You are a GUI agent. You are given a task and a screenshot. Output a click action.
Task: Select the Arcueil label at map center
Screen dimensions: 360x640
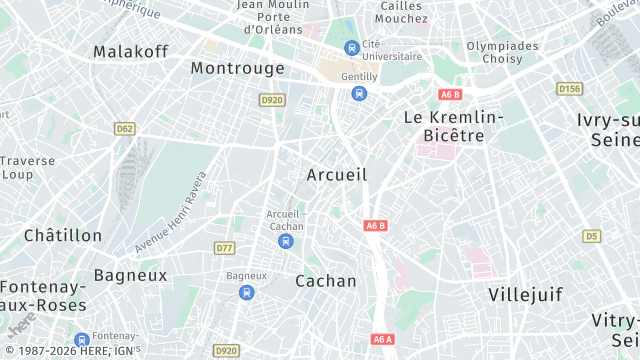(x=337, y=175)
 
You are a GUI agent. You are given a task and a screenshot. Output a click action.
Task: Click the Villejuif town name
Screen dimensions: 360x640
(x=526, y=294)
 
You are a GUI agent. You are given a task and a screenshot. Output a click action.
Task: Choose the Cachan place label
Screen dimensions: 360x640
(x=326, y=281)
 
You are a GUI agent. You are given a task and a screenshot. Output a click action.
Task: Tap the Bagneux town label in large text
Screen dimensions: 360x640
(x=130, y=274)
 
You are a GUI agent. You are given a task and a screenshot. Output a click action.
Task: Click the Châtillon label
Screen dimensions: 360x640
(x=63, y=235)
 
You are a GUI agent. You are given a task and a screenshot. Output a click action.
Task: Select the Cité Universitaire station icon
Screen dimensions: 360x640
(x=351, y=47)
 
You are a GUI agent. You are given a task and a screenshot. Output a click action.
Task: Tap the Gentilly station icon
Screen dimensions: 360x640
(x=358, y=93)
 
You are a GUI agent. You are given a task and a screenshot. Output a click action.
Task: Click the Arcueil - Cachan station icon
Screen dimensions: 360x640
(x=286, y=241)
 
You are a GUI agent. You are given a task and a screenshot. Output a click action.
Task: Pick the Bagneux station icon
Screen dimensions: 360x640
(x=246, y=292)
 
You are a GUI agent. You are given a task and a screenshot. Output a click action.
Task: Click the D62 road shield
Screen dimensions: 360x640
(x=125, y=128)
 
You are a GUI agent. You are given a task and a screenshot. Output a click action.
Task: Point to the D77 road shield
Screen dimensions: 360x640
(x=224, y=247)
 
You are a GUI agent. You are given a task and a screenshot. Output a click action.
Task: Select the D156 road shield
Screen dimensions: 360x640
(x=569, y=89)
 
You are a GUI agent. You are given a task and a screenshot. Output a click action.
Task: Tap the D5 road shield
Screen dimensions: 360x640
(x=592, y=236)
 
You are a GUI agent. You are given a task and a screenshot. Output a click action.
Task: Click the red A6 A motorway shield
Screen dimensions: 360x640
(x=383, y=339)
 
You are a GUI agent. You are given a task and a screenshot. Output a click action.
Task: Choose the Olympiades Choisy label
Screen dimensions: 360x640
(x=502, y=52)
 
